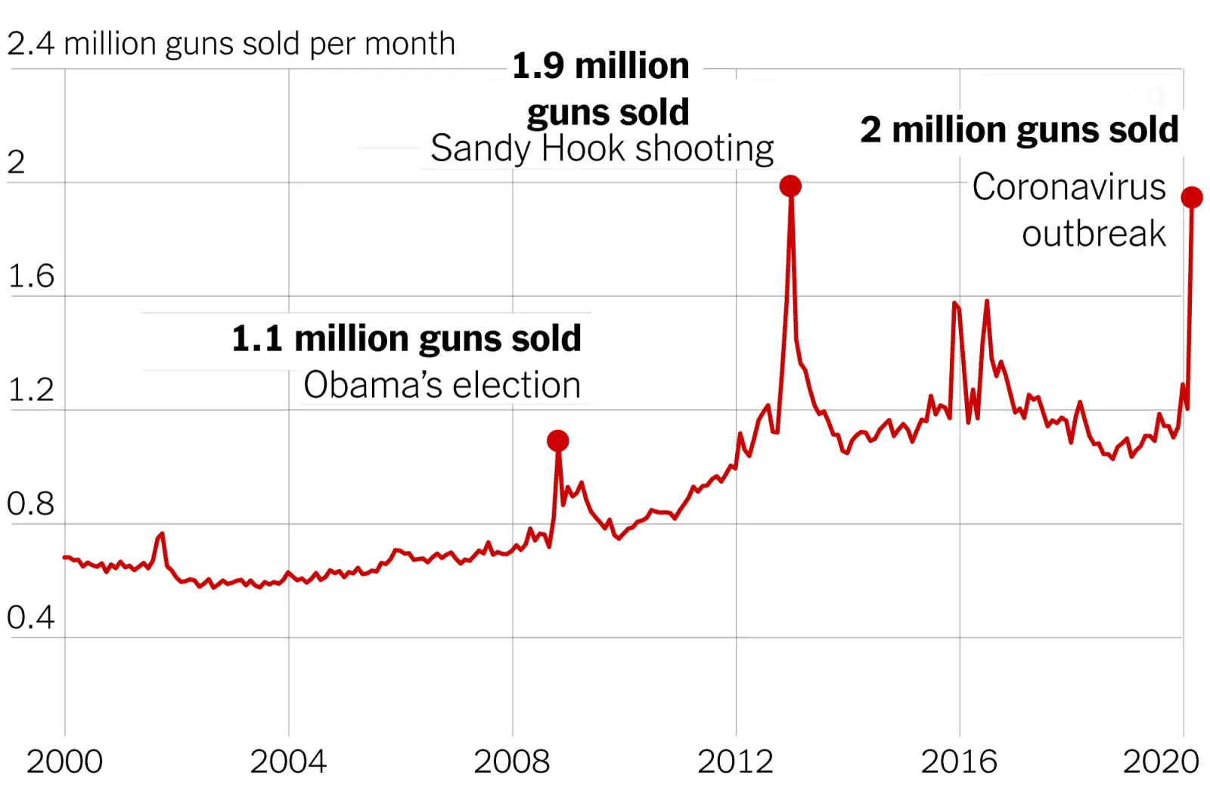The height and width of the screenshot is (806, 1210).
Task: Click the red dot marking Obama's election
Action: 558,440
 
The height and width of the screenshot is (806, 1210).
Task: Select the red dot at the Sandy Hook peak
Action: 790,185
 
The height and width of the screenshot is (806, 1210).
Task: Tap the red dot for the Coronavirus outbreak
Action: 1192,198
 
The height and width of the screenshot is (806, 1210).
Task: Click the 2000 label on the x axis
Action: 64,761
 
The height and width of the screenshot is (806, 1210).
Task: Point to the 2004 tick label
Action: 288,761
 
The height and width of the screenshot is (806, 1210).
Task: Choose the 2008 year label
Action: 512,761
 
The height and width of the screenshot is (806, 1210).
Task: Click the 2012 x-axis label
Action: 736,761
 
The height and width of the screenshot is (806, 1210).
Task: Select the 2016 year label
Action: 959,761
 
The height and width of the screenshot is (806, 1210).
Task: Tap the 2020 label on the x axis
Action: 1161,761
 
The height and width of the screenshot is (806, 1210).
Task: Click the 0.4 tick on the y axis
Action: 30,618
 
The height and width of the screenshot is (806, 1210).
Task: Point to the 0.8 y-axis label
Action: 30,504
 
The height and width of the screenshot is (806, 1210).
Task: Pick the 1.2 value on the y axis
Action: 30,390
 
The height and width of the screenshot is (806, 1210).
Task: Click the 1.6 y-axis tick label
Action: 30,276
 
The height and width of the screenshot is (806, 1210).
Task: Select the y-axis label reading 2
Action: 16,162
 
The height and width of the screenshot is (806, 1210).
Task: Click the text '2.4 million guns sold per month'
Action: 231,44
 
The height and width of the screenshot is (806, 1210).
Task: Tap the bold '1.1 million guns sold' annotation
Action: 406,338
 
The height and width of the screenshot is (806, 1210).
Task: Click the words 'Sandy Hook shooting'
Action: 602,148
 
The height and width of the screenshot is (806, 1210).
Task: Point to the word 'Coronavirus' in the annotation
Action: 1069,187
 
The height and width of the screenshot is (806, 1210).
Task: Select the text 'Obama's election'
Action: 442,385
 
